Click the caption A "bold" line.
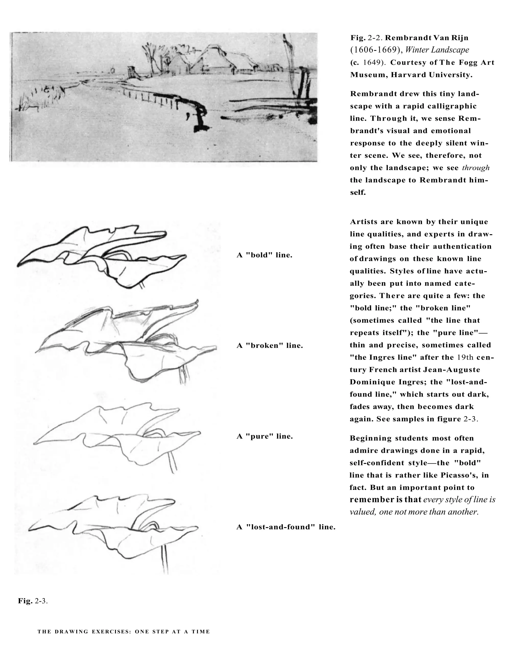coord(264,255)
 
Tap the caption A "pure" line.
coord(264,436)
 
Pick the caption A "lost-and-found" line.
coord(286,527)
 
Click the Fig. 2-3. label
coord(32,601)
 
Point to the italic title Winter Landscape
coord(437,50)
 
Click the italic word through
coord(476,168)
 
